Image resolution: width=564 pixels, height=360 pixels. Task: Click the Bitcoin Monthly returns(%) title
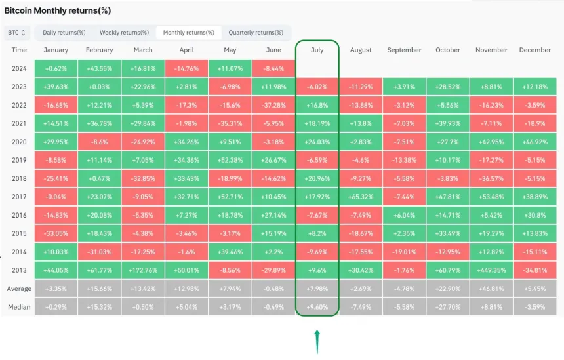(x=58, y=11)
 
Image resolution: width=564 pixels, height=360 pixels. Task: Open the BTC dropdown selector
(x=17, y=32)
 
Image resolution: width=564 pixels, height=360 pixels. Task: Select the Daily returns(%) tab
(x=64, y=33)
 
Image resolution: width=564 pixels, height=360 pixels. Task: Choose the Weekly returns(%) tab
(x=125, y=33)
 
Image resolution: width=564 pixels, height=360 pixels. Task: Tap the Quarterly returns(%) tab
(x=256, y=33)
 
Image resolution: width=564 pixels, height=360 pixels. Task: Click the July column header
(x=317, y=50)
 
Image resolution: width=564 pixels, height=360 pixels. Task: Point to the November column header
(x=491, y=50)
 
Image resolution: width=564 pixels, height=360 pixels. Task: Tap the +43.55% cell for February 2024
(x=100, y=68)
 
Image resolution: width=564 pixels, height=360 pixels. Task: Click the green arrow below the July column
(x=317, y=342)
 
